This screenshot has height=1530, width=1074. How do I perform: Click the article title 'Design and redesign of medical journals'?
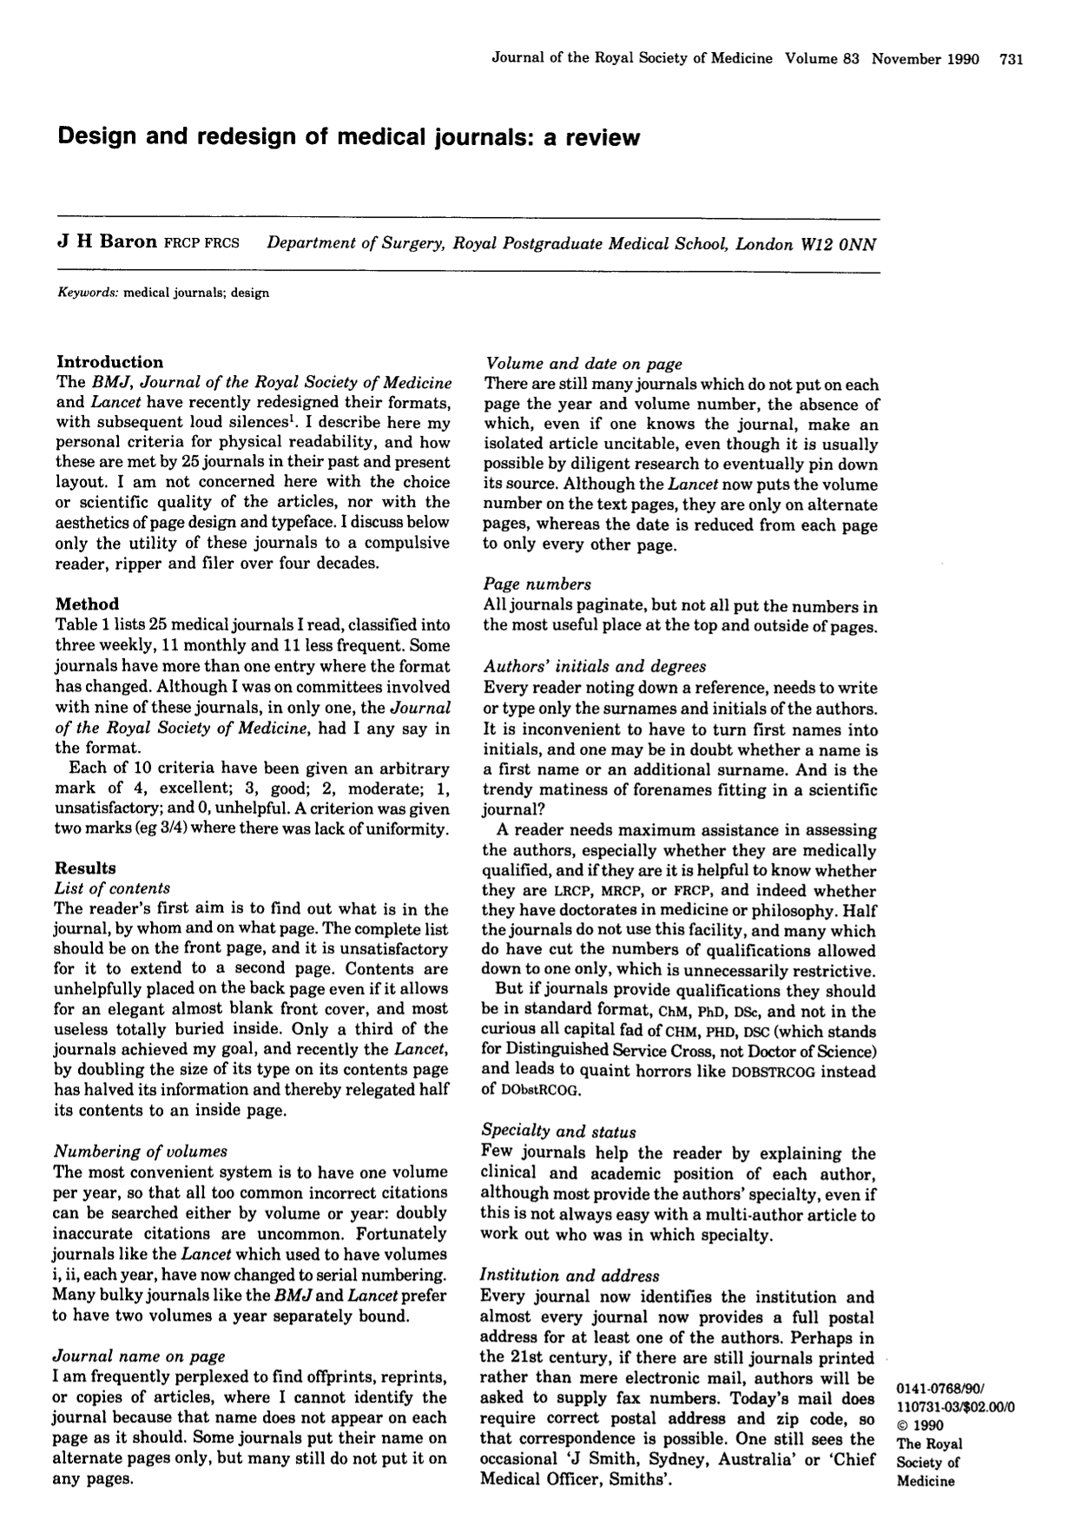click(x=348, y=137)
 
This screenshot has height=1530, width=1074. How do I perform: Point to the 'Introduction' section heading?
click(x=109, y=362)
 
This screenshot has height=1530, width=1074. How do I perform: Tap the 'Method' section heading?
click(x=87, y=603)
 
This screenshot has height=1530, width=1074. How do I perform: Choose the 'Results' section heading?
click(x=85, y=867)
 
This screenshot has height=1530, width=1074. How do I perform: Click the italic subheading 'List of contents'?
click(x=112, y=887)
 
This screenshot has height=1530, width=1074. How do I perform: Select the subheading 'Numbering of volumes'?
click(x=141, y=1151)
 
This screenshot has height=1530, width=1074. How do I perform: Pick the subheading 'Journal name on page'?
click(x=139, y=1356)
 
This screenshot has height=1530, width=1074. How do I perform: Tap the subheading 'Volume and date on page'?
click(x=583, y=364)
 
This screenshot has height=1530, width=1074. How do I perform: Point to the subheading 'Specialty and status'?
click(x=559, y=1131)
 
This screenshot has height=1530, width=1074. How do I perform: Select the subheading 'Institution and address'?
click(x=570, y=1276)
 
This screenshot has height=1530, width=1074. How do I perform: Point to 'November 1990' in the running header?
click(x=926, y=59)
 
